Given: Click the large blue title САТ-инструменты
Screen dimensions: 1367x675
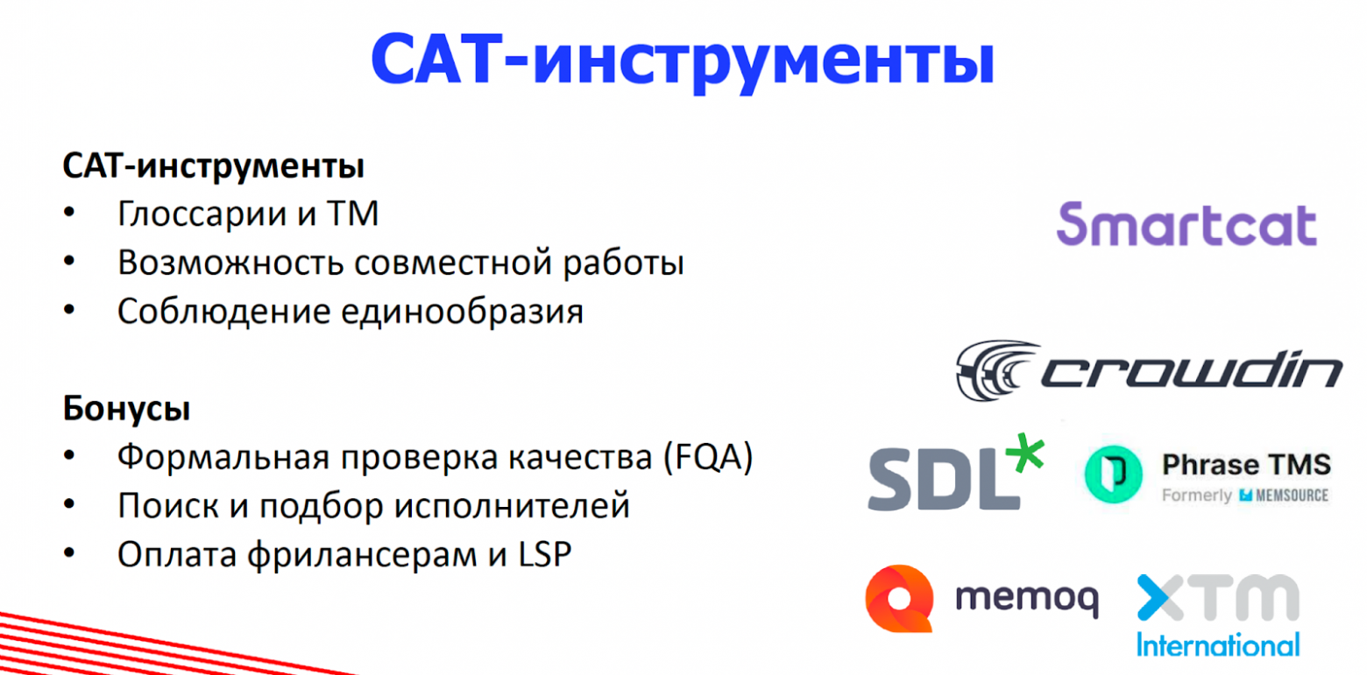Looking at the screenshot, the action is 683,61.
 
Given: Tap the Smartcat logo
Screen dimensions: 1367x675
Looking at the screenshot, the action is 1186,224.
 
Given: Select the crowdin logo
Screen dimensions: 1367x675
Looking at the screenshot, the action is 1149,370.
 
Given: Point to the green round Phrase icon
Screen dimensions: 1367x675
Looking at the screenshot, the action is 1113,475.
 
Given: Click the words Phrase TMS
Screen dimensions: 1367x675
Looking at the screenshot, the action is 1246,465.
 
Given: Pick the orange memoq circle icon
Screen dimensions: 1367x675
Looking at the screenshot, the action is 900,598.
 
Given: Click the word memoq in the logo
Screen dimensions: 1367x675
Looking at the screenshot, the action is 1027,599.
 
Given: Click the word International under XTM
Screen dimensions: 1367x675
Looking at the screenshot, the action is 1217,645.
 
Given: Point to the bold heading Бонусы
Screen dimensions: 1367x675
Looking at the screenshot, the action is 126,408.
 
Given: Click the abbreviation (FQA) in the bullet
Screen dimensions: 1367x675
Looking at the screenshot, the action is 709,457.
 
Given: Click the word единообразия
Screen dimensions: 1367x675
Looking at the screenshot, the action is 462,312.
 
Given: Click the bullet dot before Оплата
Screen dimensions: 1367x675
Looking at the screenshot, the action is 69,553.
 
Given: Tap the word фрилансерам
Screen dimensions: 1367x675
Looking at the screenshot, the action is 362,555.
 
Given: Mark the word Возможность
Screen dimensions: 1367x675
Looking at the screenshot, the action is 230,263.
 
